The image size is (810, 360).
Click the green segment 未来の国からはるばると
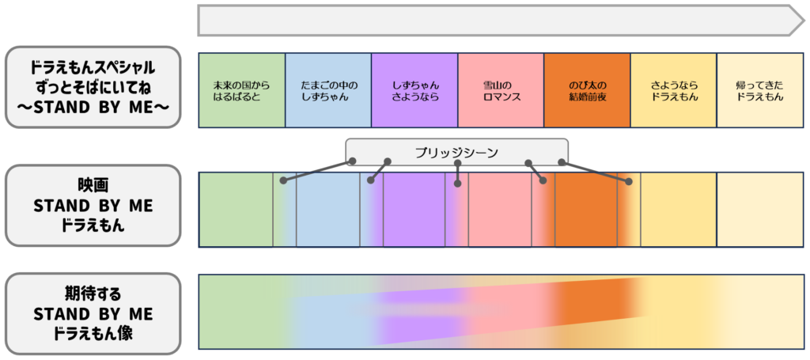(241, 90)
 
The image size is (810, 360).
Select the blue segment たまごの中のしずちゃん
(327, 90)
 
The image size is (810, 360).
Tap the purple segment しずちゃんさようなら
(414, 90)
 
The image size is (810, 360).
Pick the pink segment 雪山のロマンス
(501, 90)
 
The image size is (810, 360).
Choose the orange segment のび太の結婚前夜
(587, 90)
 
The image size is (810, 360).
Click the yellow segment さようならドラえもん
(673, 90)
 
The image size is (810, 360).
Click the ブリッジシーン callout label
(456, 152)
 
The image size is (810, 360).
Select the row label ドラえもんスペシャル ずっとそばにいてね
(92, 86)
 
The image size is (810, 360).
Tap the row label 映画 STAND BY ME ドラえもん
(92, 206)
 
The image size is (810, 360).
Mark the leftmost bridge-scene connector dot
(283, 181)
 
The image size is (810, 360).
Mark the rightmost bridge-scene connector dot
(629, 182)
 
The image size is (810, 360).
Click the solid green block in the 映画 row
(235, 210)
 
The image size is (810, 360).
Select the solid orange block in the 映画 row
(585, 210)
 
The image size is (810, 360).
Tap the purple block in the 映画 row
(414, 210)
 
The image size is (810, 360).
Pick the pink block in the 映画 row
(499, 210)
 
